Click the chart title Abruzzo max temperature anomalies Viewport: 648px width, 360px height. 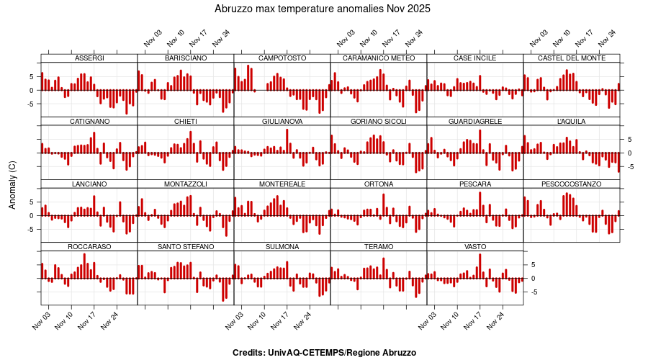coord(323,9)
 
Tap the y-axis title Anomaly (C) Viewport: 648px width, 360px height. coord(12,185)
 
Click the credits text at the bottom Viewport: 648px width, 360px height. coord(324,353)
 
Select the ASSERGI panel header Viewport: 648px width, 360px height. coord(89,58)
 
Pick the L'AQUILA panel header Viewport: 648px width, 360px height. coord(572,122)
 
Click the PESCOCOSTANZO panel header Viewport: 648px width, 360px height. coord(572,184)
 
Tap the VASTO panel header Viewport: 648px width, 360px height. coord(475,247)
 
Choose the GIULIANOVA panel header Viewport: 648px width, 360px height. coord(282,122)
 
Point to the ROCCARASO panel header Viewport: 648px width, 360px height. coord(89,247)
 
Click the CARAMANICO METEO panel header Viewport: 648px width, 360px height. coord(379,58)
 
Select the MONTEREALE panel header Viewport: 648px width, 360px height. coord(282,184)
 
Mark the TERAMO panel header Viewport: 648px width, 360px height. coord(379,247)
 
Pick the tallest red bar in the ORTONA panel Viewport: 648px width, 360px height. coord(384,205)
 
